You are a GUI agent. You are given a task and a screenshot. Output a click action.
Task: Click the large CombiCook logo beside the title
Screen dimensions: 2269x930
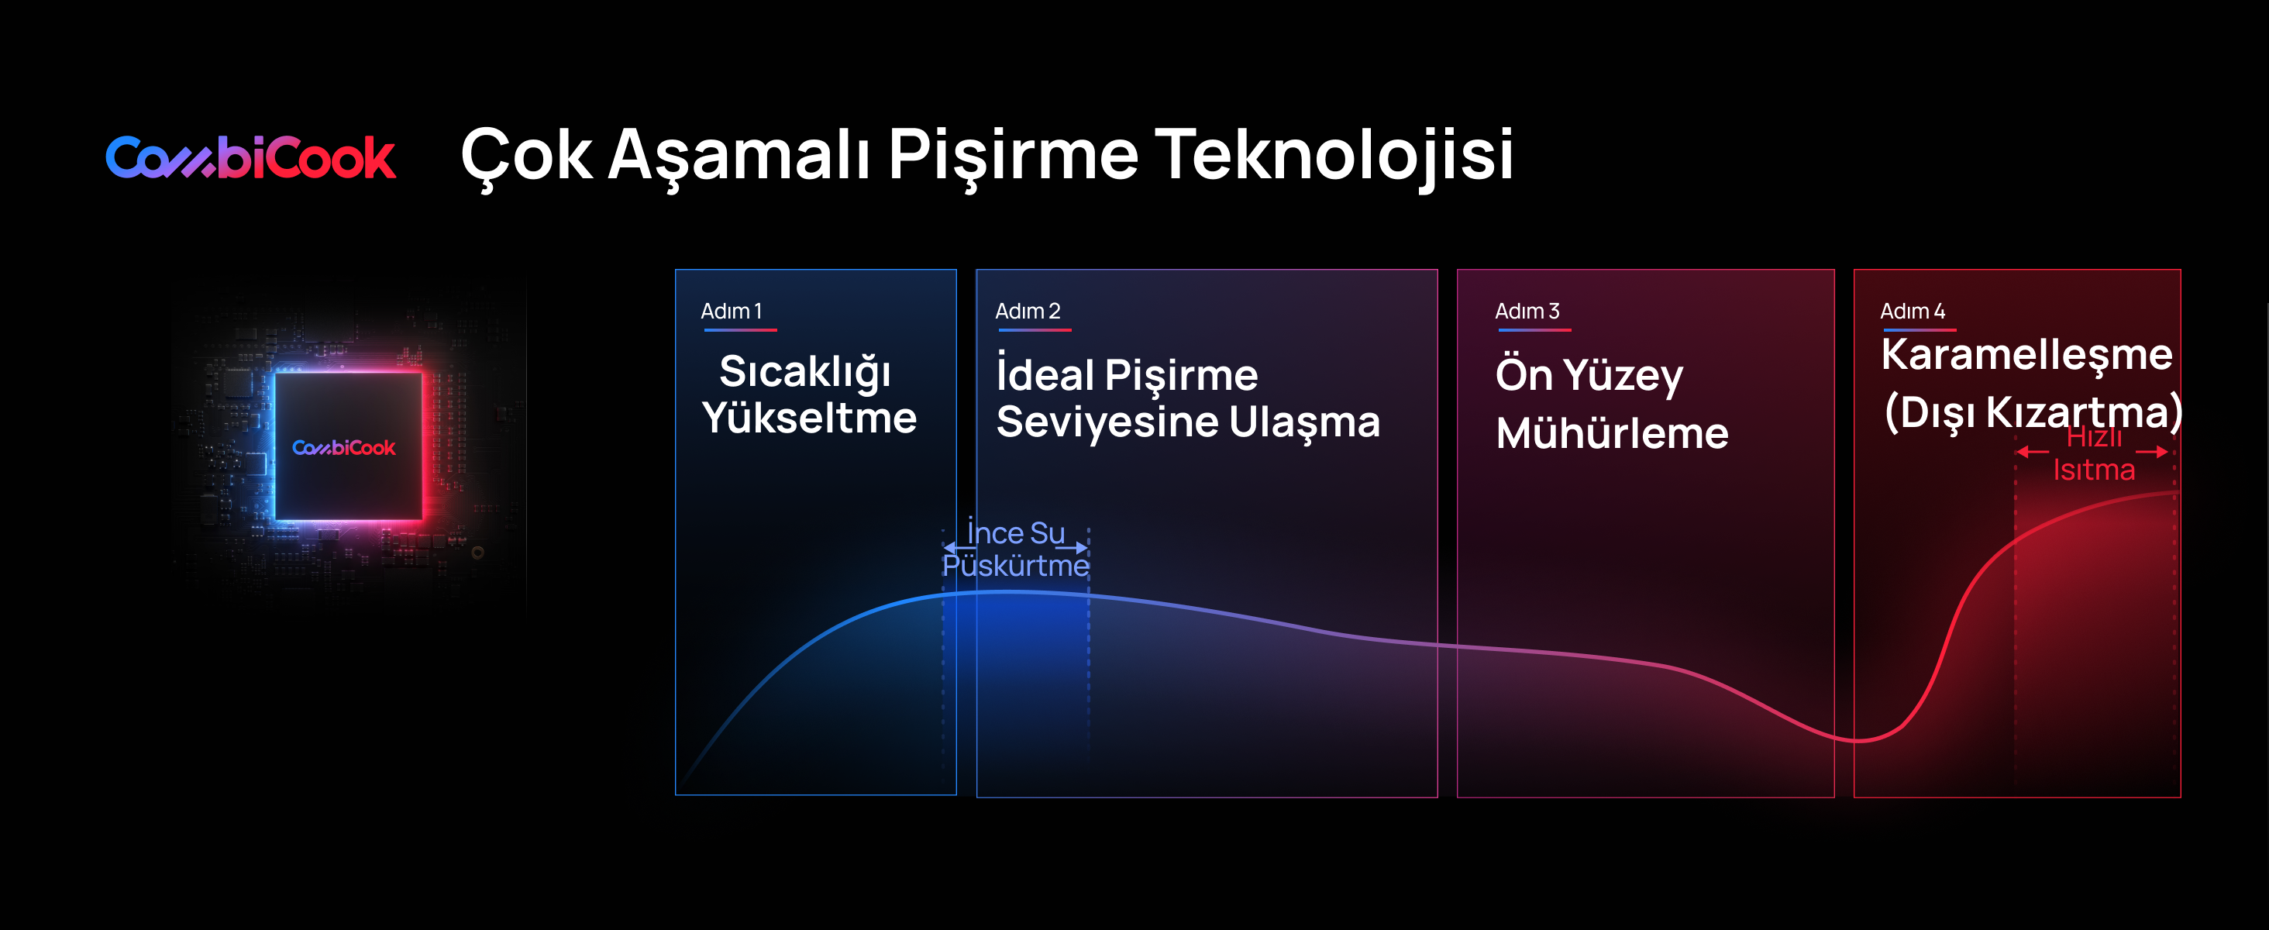coord(251,157)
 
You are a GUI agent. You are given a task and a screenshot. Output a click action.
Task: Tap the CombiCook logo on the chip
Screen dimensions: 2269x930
coord(343,447)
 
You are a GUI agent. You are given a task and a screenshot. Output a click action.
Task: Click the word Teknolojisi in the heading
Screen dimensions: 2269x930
coord(1334,155)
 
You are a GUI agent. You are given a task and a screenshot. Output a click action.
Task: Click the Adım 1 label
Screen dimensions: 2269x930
coord(731,311)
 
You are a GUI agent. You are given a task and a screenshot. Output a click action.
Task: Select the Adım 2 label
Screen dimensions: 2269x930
coord(1028,311)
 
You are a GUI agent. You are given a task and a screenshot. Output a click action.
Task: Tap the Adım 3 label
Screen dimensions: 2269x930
coord(1527,311)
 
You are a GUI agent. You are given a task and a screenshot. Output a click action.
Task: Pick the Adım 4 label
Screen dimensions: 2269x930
coord(1913,311)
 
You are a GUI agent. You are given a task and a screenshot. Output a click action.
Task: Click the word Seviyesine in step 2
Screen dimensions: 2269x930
coord(1107,422)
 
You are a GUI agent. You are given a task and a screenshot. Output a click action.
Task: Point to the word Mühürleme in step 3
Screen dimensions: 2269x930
coord(1612,432)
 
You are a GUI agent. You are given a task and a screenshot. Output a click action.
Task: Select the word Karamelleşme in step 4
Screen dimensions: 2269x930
coord(2026,355)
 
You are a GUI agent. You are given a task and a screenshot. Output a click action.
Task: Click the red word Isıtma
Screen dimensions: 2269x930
coord(2094,470)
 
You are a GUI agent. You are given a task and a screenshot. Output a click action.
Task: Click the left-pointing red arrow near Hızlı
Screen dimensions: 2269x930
coord(2032,452)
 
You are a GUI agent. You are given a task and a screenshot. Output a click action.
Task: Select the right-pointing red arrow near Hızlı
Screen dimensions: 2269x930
coord(2152,452)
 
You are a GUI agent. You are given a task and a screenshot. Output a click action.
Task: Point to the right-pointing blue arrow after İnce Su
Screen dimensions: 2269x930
coord(1071,548)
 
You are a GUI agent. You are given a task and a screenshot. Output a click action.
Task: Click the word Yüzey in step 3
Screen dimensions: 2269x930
coord(1624,376)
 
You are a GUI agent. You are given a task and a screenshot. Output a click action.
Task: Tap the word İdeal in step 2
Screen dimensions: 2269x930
coord(1045,374)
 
